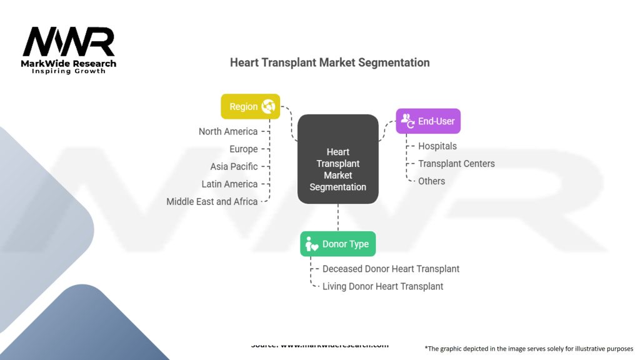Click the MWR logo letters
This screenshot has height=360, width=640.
[x=69, y=42]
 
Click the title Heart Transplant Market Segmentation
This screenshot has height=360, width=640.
[x=329, y=62]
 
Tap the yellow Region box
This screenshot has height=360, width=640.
[x=250, y=106]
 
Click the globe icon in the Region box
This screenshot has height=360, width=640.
[x=269, y=106]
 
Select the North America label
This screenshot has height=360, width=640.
[x=228, y=131]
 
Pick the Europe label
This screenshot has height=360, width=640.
[x=243, y=149]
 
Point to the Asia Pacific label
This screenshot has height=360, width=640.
[x=234, y=166]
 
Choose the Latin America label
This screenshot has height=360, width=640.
[x=229, y=184]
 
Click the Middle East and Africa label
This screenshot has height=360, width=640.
[x=212, y=201]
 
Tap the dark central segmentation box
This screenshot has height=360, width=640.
[x=337, y=159]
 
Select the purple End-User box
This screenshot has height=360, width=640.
[x=428, y=121]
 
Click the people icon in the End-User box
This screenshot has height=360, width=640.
[x=407, y=121]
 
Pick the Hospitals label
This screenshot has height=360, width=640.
[x=437, y=146]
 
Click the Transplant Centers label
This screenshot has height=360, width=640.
[x=456, y=164]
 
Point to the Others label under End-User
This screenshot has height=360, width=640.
[x=432, y=181]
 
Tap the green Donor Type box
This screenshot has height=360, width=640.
[x=337, y=244]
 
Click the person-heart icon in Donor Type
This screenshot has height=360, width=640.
[x=311, y=244]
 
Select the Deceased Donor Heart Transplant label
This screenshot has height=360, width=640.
[x=391, y=269]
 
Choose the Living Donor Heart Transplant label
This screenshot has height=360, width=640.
[x=382, y=286]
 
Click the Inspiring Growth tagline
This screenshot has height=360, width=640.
[x=69, y=71]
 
